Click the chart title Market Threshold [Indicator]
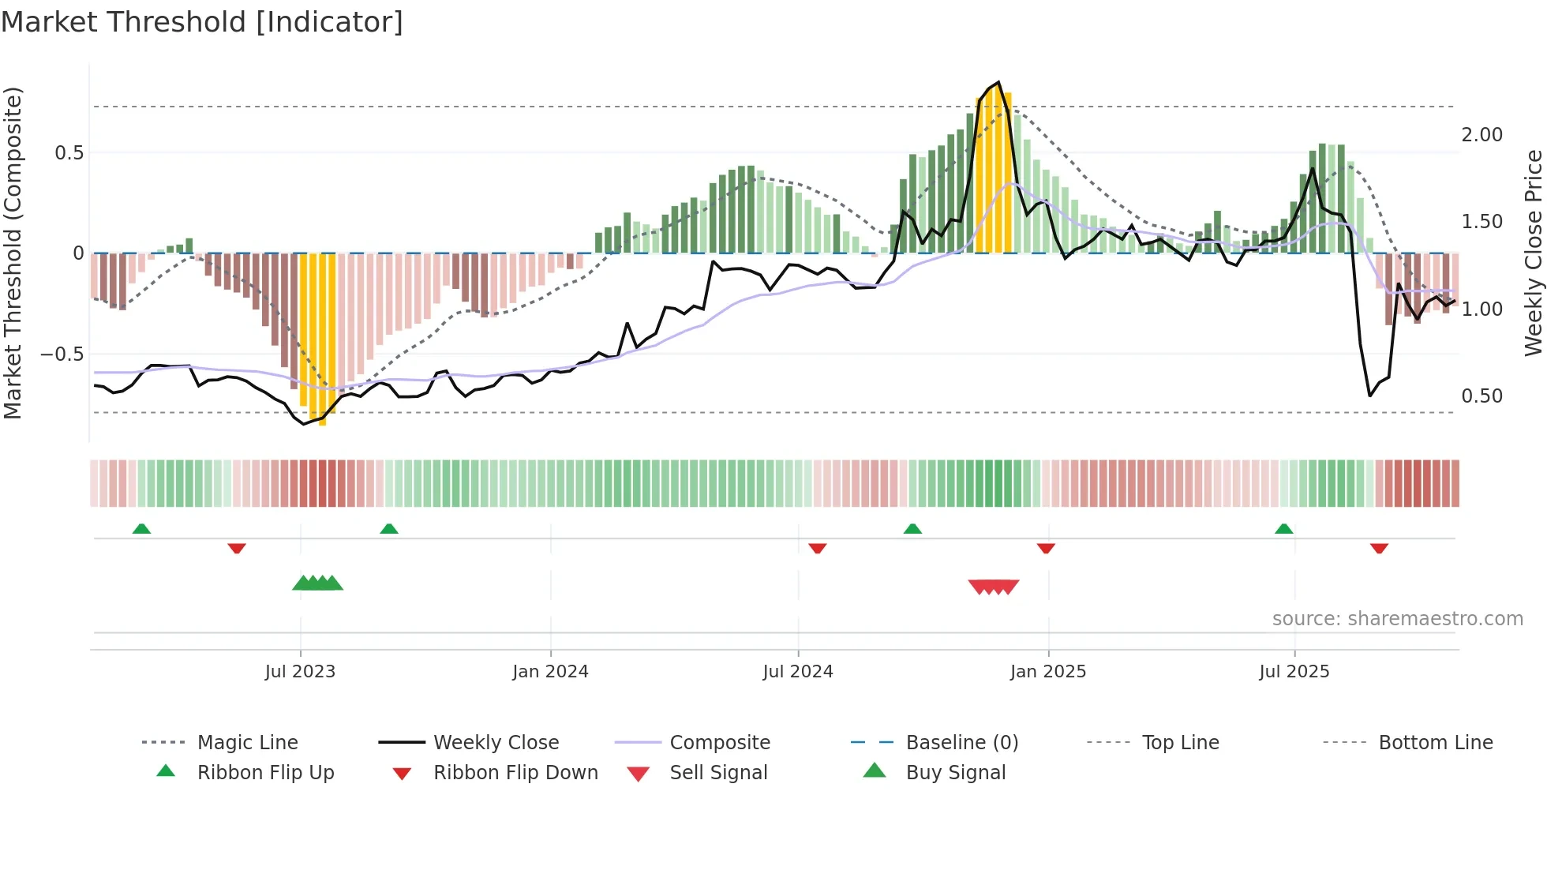coord(202,22)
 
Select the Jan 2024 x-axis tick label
coord(550,671)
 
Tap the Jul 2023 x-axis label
coord(300,671)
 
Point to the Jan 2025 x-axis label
coord(1047,671)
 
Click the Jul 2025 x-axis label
coord(1294,671)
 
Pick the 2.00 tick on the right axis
coord(1481,135)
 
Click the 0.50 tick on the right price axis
coord(1481,396)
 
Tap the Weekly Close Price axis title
coord(1533,253)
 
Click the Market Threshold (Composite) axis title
coord(13,253)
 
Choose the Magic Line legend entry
coord(247,742)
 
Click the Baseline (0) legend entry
coord(961,742)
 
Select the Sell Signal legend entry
coord(717,772)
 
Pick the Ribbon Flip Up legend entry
coord(265,772)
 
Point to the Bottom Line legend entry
coord(1435,742)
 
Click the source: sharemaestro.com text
coord(1397,619)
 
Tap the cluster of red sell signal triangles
coord(994,587)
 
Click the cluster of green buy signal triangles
coord(317,583)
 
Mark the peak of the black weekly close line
coord(998,82)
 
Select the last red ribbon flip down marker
coord(1379,548)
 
